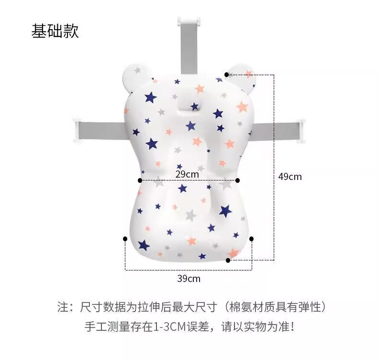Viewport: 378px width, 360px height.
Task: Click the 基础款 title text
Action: pos(55,31)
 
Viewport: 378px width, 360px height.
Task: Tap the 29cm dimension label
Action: pos(187,174)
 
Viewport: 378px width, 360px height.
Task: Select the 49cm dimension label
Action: pos(290,177)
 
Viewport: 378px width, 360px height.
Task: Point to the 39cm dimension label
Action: pos(189,278)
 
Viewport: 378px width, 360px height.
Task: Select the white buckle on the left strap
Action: pos(78,130)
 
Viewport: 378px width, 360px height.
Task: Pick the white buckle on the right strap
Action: pos(301,131)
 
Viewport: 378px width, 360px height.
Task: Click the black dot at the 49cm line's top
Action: pos(226,75)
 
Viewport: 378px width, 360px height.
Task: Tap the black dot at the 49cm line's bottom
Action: pos(228,260)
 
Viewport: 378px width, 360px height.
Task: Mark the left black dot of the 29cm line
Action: pos(140,180)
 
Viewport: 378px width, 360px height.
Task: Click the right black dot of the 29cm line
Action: pos(238,180)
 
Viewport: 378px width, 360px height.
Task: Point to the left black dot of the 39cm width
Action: pos(125,238)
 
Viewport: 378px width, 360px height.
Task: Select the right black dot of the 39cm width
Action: pos(252,238)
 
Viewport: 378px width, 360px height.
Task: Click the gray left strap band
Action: pos(103,128)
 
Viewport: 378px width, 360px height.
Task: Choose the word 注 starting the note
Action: pos(63,307)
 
